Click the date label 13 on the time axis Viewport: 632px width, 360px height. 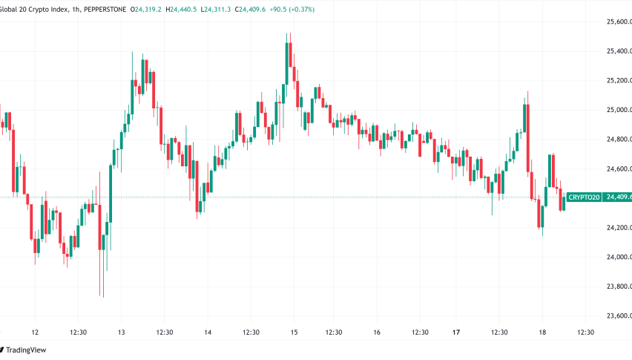pos(122,333)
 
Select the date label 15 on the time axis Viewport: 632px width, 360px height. pos(294,333)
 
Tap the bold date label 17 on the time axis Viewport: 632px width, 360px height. pos(457,333)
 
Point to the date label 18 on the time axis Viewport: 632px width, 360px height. pos(544,333)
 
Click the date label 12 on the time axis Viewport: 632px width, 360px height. pos(35,333)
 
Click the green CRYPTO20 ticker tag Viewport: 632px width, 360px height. pos(584,197)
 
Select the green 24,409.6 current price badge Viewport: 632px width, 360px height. pos(617,197)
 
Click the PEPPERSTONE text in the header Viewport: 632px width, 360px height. pos(103,8)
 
